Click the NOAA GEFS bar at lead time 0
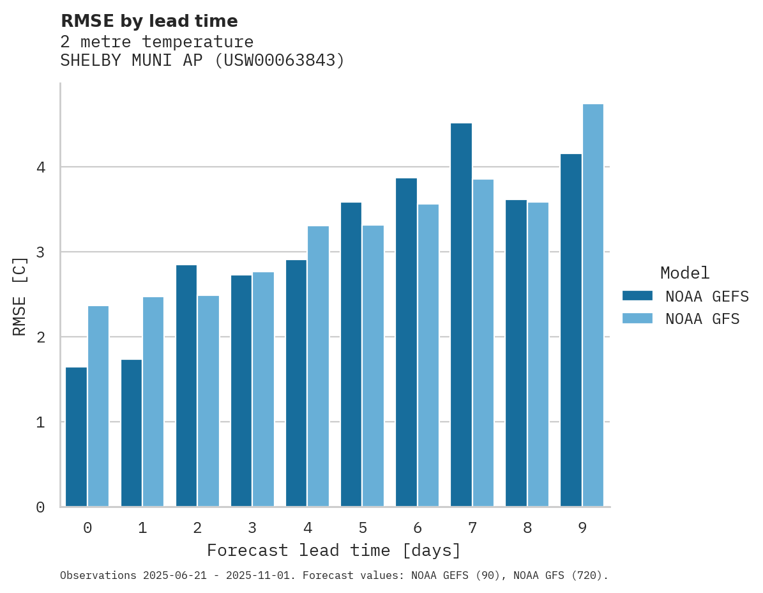pos(77,437)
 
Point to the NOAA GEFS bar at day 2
pos(186,386)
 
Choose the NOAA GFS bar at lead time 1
pos(153,402)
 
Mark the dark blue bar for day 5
pos(351,355)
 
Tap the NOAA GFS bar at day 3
pos(263,389)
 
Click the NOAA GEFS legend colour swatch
pos(637,295)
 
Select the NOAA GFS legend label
pos(702,319)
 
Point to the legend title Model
pos(684,273)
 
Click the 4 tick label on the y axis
pos(40,167)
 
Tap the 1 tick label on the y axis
pos(40,422)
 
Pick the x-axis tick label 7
pos(472,528)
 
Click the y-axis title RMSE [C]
pos(20,296)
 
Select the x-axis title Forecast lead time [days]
pos(333,550)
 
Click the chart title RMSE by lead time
pos(149,21)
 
